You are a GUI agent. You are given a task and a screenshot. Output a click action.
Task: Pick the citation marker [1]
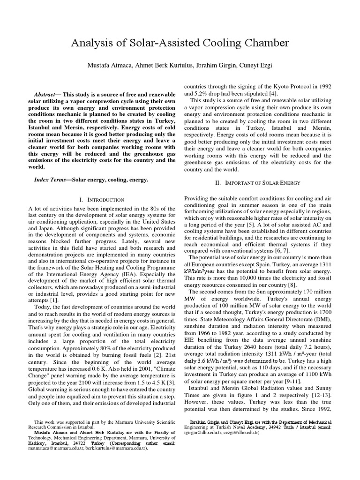click(54, 299)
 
